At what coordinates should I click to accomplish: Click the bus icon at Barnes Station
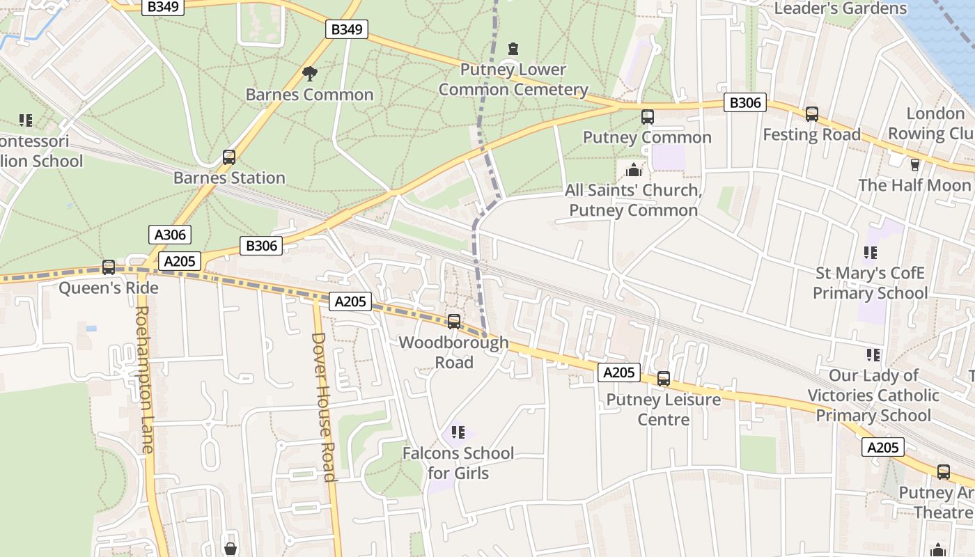(229, 157)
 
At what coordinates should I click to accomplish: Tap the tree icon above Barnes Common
(310, 73)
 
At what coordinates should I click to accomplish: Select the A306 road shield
(169, 235)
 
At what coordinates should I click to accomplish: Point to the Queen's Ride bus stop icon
(109, 267)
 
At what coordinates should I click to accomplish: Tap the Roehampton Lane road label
(143, 379)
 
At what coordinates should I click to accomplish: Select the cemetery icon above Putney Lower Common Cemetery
(513, 49)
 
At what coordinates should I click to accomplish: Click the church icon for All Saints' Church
(634, 169)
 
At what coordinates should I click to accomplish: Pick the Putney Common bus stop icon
(648, 116)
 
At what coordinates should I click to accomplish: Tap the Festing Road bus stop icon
(812, 113)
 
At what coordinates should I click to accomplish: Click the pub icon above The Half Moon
(915, 164)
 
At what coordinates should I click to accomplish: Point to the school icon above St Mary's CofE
(871, 252)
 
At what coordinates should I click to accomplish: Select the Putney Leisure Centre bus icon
(664, 379)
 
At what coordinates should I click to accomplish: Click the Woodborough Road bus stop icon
(454, 322)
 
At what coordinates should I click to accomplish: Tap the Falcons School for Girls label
(458, 463)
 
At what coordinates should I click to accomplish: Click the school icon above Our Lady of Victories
(873, 355)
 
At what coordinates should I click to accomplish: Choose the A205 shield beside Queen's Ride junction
(180, 261)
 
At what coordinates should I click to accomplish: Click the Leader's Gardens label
(840, 8)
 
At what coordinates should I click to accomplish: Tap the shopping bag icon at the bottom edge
(231, 549)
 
